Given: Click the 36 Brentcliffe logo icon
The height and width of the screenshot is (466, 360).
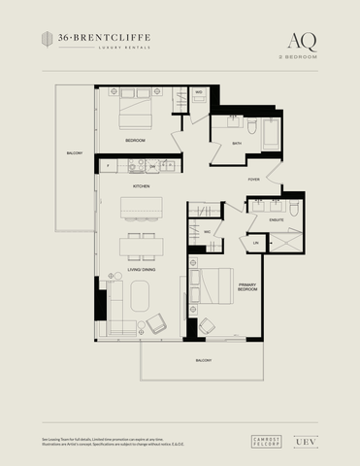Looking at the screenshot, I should point(48,38).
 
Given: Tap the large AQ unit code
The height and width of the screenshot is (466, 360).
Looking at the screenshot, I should point(301,40).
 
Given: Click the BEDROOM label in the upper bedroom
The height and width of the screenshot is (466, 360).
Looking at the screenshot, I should point(135,141).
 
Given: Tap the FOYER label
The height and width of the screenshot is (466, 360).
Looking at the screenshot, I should point(254,180).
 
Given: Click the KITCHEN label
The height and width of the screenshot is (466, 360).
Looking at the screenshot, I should point(142,185).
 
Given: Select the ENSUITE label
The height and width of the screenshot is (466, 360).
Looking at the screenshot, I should point(277,220).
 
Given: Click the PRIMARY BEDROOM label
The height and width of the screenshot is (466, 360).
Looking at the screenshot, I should point(248,287).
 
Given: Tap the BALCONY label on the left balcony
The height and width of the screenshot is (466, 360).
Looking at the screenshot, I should point(75,153).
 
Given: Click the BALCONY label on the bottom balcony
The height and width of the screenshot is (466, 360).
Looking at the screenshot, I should point(203,360).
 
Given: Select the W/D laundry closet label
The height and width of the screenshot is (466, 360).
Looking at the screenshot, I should point(199,93).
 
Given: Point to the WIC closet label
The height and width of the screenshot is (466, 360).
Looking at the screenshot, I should point(207,232).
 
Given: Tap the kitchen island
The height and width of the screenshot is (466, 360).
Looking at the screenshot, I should point(141,210).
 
